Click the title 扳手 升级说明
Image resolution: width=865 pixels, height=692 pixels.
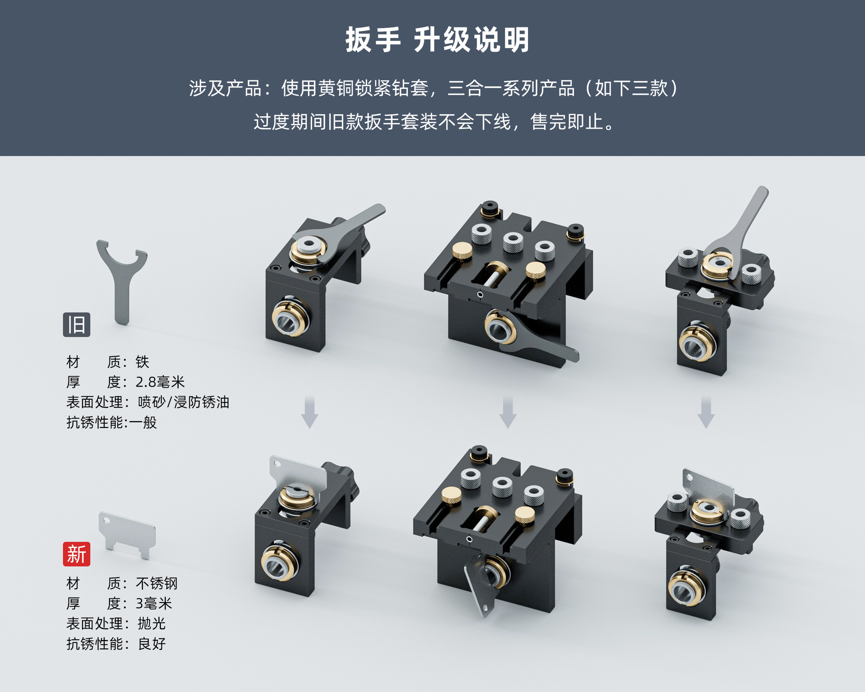point(437,40)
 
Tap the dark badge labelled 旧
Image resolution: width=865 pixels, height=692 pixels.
point(76,324)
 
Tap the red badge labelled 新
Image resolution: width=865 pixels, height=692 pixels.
point(76,554)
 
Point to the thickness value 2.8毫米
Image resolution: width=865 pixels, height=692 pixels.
point(160,382)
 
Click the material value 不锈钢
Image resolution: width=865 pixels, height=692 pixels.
point(156,583)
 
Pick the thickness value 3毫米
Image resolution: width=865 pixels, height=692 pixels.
point(154,603)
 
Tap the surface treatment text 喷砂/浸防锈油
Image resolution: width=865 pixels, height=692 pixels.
point(183,402)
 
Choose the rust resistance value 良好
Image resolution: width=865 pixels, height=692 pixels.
point(152,643)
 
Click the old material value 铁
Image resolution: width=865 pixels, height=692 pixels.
point(142,362)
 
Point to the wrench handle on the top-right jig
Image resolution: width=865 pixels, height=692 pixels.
point(750,216)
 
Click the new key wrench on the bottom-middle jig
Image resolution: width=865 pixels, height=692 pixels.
point(478,586)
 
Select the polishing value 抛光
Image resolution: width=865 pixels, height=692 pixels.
point(152,624)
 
